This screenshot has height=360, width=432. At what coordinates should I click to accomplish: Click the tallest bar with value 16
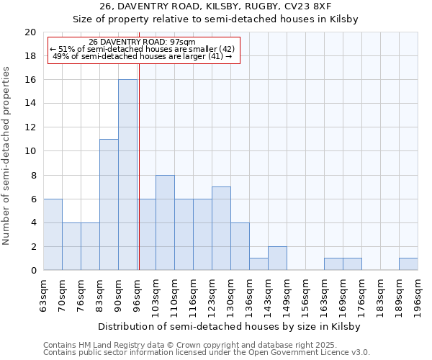coord(127,175)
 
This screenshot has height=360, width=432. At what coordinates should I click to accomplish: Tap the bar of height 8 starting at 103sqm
coord(165,222)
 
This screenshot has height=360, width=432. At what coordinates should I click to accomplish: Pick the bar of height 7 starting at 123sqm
coord(221,228)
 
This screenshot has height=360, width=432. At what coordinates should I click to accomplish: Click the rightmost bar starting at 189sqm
coord(408,264)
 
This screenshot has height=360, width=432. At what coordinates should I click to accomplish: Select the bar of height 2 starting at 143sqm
coord(277,258)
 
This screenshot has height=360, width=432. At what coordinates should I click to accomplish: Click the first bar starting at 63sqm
coord(53,235)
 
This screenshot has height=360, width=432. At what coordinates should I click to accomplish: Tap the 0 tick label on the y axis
coord(32,271)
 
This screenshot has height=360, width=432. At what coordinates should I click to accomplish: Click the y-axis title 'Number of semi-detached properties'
coord(7,156)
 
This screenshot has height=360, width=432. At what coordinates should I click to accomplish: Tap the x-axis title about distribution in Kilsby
coord(230,326)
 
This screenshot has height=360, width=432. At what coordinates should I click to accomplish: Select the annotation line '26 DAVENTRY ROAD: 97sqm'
coord(142,42)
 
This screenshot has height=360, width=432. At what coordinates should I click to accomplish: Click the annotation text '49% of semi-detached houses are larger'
coord(142,56)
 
